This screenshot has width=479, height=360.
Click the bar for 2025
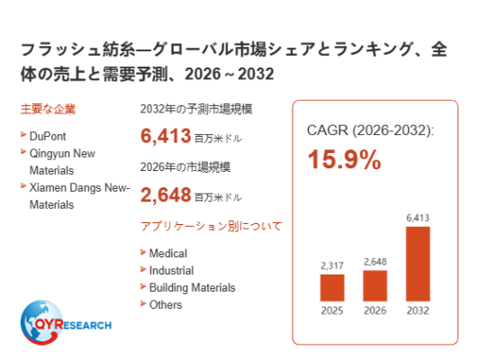coord(332,288)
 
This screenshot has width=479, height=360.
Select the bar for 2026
coord(375,285)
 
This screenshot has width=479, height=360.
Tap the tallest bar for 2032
coord(418,264)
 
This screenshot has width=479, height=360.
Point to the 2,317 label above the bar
coord(332,265)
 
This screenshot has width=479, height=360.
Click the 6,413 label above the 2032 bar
coord(418,218)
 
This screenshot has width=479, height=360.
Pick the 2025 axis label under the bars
coord(332,310)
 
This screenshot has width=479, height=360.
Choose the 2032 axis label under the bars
coord(418,310)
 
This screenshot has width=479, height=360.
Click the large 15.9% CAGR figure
coord(344,159)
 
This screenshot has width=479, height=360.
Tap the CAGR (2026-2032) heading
coord(370,130)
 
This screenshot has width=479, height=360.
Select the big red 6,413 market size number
coord(166,136)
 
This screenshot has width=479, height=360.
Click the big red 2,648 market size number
coord(166,194)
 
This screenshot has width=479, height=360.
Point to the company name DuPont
coord(48,136)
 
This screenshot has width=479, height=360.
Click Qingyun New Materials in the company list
coord(62,162)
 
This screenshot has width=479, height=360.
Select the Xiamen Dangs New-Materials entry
coord(79,196)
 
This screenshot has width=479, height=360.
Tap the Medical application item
coord(168,254)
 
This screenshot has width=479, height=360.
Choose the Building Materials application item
coord(192,288)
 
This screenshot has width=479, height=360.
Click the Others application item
coord(166,305)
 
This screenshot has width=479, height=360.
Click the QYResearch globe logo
coord(66,322)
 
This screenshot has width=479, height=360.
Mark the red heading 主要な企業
coord(48,109)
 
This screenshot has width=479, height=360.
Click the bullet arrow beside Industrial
coord(143,269)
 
